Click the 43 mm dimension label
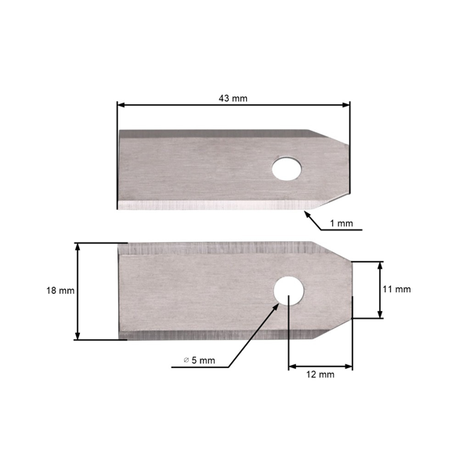pyautogui.click(x=233, y=98)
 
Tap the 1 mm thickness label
pyautogui.click(x=342, y=223)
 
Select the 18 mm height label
pyautogui.click(x=60, y=291)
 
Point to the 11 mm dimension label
pyautogui.click(x=397, y=289)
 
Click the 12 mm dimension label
pyautogui.click(x=320, y=374)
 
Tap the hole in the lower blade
pyautogui.click(x=289, y=289)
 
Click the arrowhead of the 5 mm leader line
pyautogui.click(x=276, y=304)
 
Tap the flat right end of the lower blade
pyautogui.click(x=352, y=290)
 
